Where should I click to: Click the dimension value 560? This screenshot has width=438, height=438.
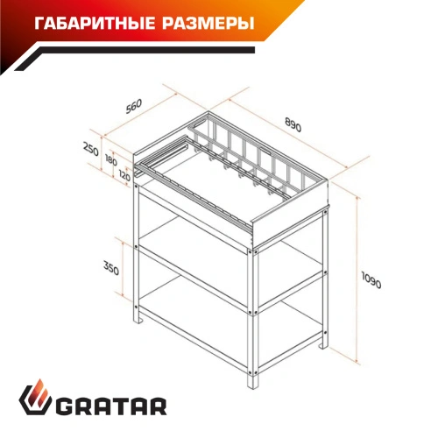click(x=133, y=107)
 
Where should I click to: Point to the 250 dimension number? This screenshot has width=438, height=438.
click(x=90, y=149)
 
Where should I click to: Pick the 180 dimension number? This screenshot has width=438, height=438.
click(x=109, y=160)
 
